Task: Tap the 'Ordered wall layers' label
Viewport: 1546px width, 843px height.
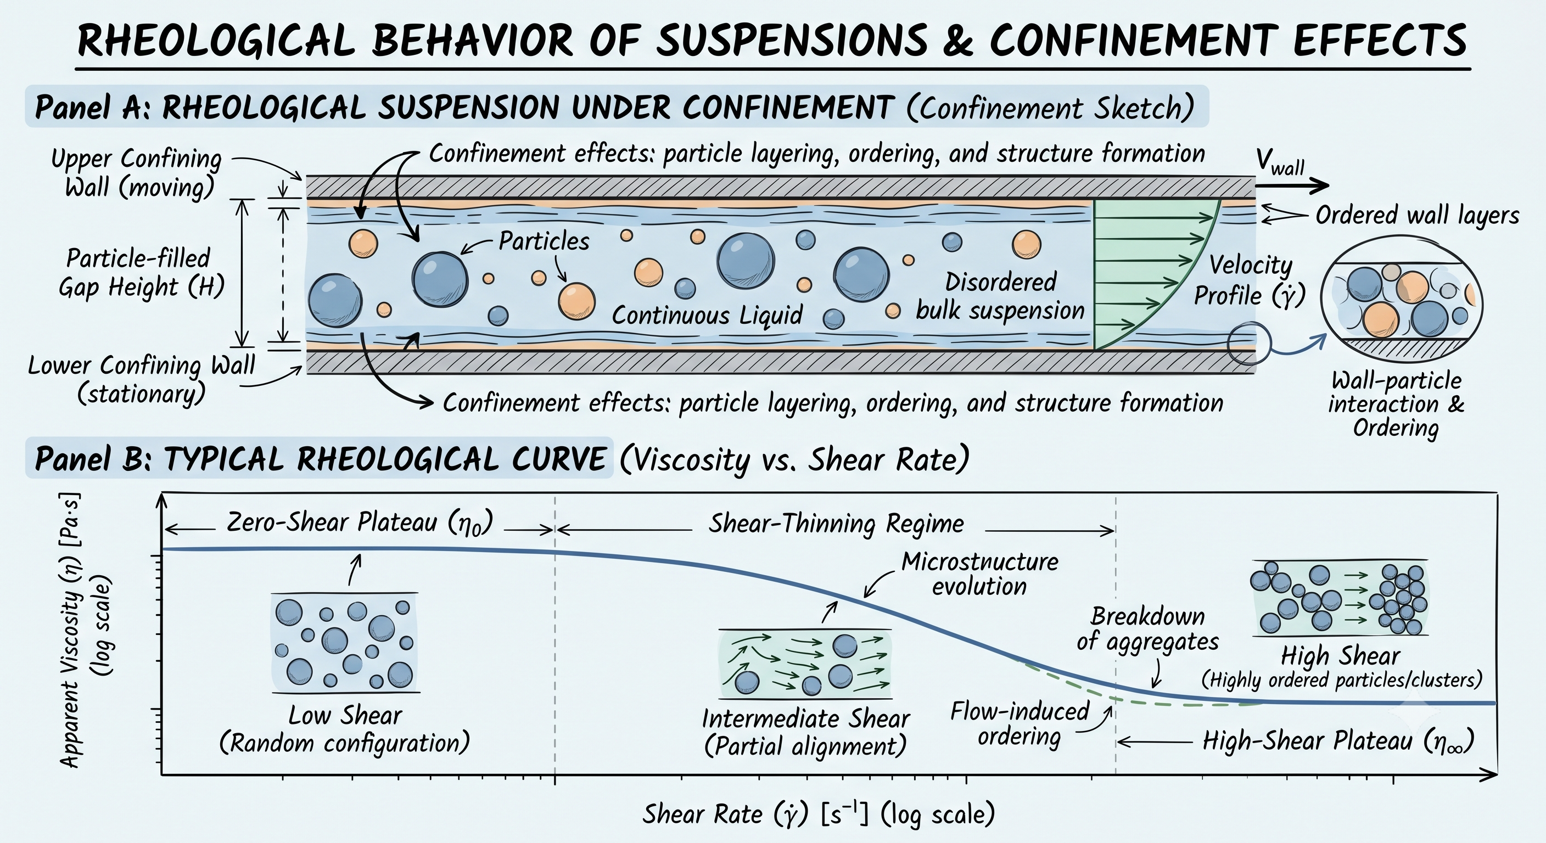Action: pos(1417,215)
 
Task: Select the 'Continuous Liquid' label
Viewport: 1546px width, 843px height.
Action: pos(707,315)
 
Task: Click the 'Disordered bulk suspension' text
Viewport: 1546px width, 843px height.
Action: pos(1000,296)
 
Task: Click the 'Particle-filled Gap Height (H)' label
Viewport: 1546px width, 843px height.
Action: pos(141,272)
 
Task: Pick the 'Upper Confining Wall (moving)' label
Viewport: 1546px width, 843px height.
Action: pos(137,173)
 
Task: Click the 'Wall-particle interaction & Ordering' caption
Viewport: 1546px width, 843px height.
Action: pos(1396,404)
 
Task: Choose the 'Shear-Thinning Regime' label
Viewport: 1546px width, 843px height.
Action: pos(836,524)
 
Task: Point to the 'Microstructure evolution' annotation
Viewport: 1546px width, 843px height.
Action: pos(980,574)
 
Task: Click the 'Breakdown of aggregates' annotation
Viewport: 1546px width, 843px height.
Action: pos(1147,629)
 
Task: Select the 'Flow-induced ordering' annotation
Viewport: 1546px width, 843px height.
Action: pos(1020,723)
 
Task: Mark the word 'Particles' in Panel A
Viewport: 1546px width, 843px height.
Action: pos(544,241)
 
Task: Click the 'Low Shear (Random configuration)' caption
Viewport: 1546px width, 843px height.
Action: pos(344,729)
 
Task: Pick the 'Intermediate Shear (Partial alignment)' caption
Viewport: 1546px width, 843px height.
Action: pos(805,733)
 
